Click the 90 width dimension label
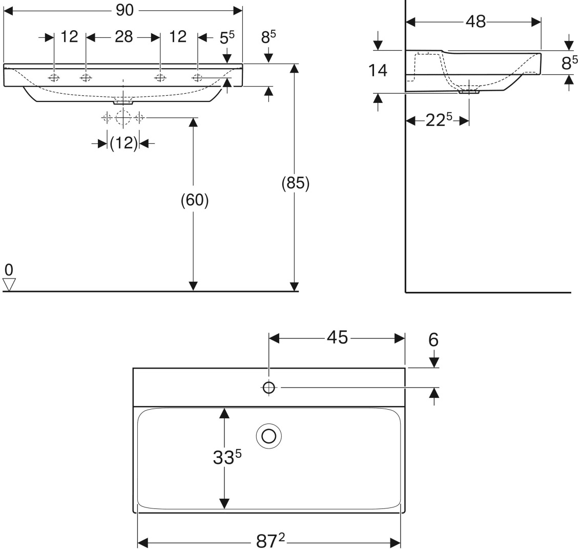(124, 10)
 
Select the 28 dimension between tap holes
(123, 37)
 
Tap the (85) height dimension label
(296, 183)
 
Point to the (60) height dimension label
(195, 200)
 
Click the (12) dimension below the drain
(123, 143)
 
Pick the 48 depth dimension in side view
(476, 22)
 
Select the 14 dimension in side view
(378, 71)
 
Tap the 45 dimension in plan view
(338, 338)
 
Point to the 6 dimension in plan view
(433, 340)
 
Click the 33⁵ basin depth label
(227, 457)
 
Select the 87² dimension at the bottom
(271, 542)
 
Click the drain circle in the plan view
(269, 436)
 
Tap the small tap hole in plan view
(269, 388)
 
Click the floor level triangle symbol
(9, 284)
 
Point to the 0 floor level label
(9, 270)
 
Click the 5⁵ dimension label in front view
(227, 37)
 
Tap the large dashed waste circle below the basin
(123, 118)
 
